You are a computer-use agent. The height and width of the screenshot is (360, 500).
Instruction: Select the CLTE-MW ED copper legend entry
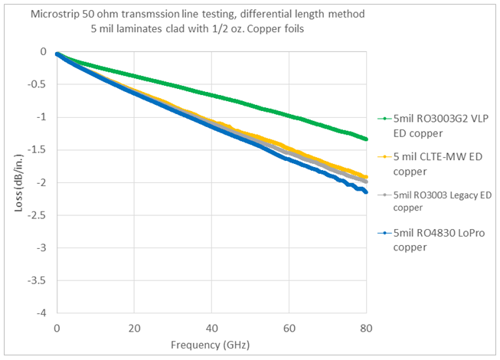click(433, 162)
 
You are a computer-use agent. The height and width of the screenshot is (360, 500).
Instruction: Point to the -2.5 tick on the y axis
click(40, 215)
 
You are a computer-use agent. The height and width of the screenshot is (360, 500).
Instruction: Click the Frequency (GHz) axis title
click(212, 344)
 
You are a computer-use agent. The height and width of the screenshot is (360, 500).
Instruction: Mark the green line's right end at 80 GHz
click(367, 139)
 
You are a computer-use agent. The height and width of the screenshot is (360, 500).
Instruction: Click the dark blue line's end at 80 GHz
click(367, 191)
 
